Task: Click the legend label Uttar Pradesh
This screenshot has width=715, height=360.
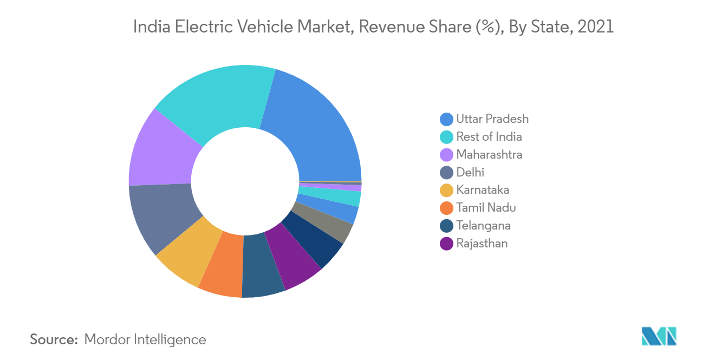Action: tap(492, 119)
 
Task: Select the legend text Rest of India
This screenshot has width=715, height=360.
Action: tap(489, 136)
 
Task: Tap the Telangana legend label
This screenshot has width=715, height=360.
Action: tap(483, 225)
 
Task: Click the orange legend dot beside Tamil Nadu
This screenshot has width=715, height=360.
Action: tap(446, 208)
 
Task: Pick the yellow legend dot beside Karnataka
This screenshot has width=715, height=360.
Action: tap(446, 190)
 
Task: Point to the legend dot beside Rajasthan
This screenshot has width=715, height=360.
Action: tap(446, 244)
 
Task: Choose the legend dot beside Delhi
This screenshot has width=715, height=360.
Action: tap(446, 172)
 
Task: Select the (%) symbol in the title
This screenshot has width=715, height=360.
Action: tap(486, 27)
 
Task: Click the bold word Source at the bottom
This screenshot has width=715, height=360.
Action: tap(54, 339)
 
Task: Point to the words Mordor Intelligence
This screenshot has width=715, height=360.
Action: tap(145, 339)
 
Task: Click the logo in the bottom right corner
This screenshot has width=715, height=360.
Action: tap(659, 336)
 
